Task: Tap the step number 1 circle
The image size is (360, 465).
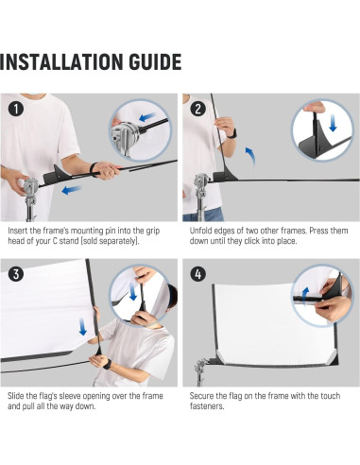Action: [x=16, y=109]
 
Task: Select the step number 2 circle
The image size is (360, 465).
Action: [x=197, y=109]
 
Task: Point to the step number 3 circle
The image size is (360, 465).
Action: [x=16, y=274]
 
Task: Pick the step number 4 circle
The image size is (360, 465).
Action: [x=197, y=274]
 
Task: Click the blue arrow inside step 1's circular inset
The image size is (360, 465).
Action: [x=147, y=117]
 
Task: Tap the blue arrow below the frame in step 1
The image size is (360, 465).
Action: [x=72, y=190]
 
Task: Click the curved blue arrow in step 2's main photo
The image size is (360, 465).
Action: [x=250, y=156]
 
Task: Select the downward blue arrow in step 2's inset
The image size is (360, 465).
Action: [x=333, y=124]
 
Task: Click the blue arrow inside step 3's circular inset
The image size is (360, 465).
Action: [x=133, y=291]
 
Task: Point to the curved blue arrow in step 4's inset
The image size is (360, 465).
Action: [x=305, y=294]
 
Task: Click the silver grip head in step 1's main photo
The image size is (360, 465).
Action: [x=30, y=186]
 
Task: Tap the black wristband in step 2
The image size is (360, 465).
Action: [x=231, y=134]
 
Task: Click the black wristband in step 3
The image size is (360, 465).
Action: [x=107, y=364]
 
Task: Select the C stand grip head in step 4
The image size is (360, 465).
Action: [x=200, y=366]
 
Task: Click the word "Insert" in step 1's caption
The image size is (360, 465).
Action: [x=18, y=231]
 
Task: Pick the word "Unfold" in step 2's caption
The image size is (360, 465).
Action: [x=200, y=231]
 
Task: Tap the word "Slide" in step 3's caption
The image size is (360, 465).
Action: [x=16, y=396]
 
